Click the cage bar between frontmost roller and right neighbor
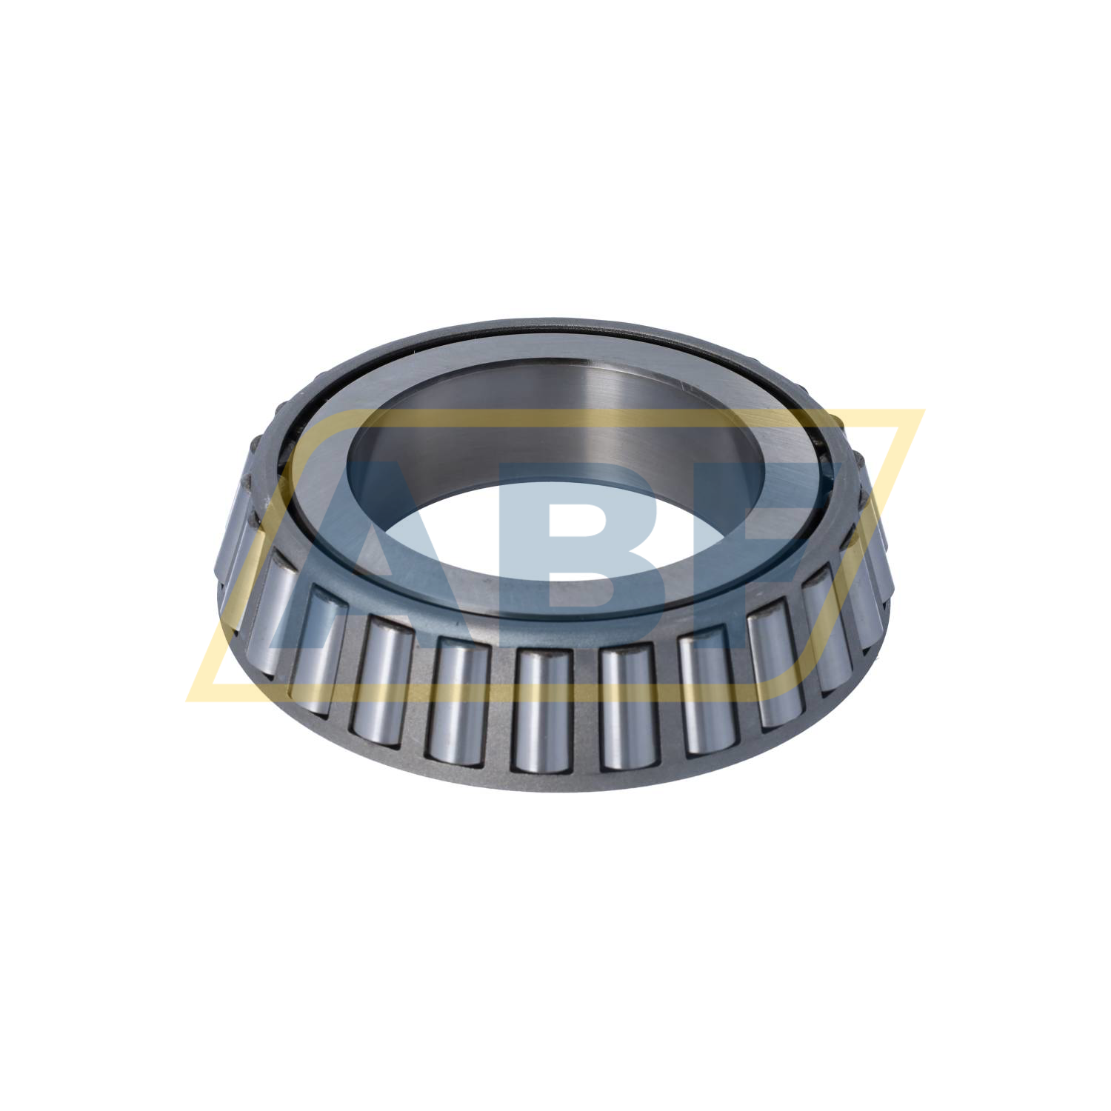click(x=585, y=711)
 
